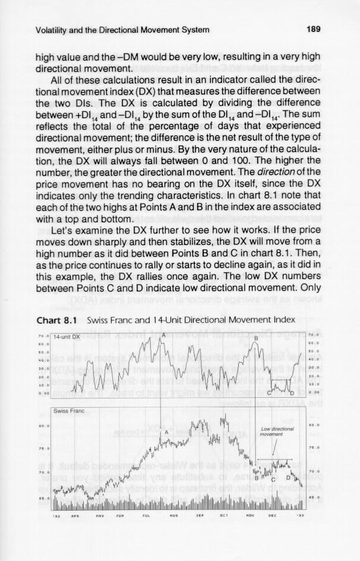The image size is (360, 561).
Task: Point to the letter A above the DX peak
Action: click(x=162, y=334)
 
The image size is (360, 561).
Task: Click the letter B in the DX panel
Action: click(x=255, y=338)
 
